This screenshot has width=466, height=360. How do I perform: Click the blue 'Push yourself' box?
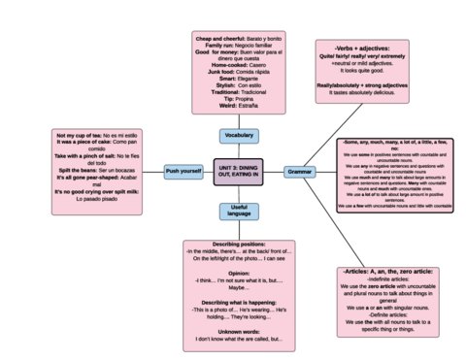(x=183, y=171)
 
